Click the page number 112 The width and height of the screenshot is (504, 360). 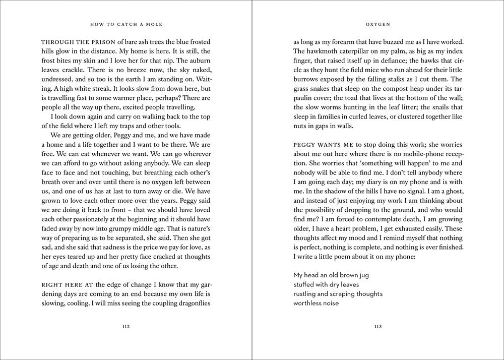126,327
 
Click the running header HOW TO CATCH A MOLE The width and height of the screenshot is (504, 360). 126,23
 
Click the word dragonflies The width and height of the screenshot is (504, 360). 192,304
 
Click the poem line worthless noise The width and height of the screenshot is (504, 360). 316,304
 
